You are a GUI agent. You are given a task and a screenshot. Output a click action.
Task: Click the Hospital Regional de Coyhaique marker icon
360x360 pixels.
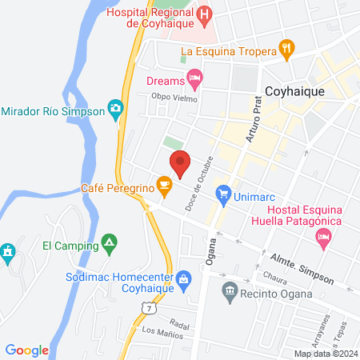point(205,14)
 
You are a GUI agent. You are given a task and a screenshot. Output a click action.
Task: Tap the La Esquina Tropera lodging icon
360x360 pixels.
point(288,52)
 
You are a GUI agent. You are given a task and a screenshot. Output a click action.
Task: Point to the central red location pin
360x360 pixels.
point(180,163)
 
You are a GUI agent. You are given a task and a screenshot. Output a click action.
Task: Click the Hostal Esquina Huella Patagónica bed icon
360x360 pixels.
point(323,236)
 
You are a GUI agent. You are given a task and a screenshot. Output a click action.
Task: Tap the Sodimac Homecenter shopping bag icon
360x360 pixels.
point(184,278)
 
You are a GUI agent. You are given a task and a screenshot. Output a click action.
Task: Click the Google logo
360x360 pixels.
point(27,350)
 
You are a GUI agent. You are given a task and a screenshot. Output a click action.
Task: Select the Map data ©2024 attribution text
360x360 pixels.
point(324,354)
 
